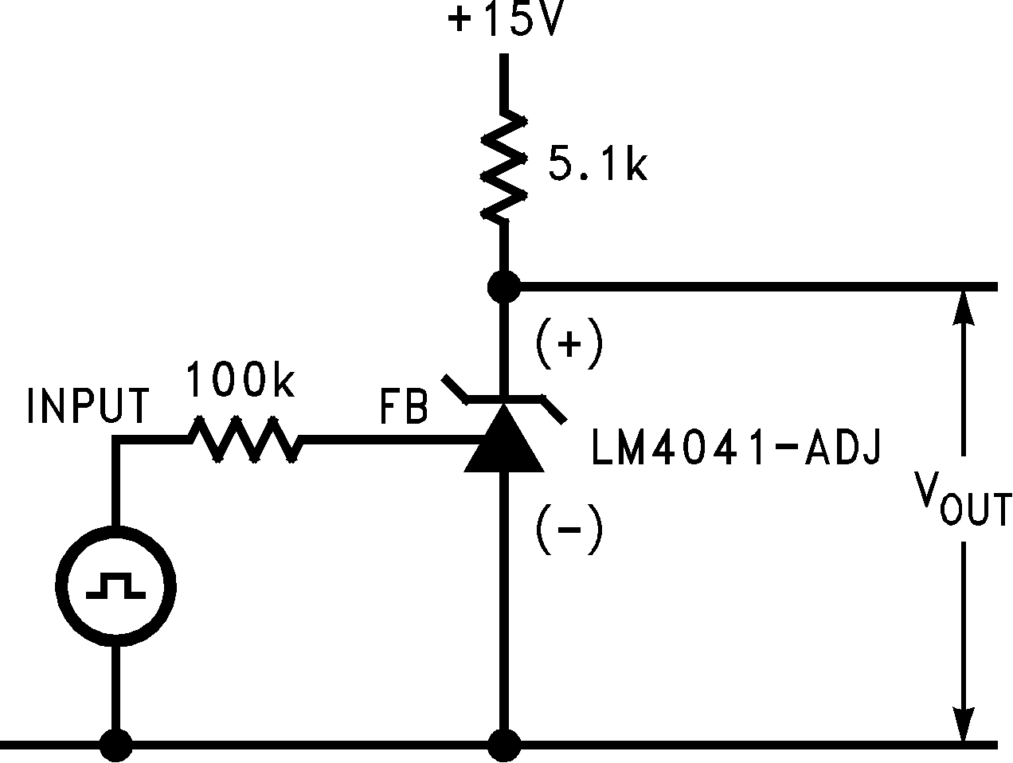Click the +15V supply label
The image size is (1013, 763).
(506, 21)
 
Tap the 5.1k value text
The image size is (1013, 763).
(597, 166)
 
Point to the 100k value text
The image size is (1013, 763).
(241, 381)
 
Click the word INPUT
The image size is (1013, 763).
(88, 406)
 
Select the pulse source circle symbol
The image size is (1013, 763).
(116, 586)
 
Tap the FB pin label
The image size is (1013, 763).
(403, 406)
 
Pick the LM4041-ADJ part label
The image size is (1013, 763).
(736, 448)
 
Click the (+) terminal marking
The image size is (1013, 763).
(569, 345)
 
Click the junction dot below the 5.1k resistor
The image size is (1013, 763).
(503, 286)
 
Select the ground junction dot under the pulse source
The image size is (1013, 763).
(116, 745)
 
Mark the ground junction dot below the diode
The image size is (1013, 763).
(503, 745)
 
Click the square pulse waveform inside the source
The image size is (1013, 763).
(116, 586)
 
